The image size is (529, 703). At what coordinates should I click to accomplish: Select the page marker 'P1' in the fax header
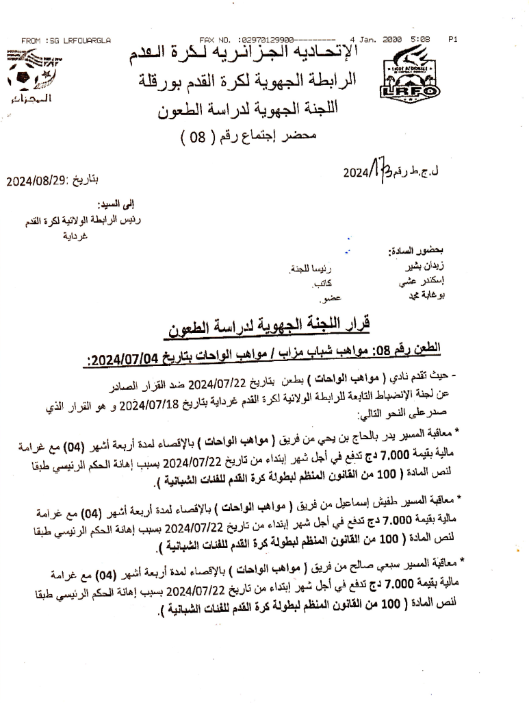tap(452, 40)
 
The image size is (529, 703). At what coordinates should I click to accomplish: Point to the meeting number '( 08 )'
tap(196, 136)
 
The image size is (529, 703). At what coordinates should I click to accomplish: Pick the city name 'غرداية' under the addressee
tap(74, 236)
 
